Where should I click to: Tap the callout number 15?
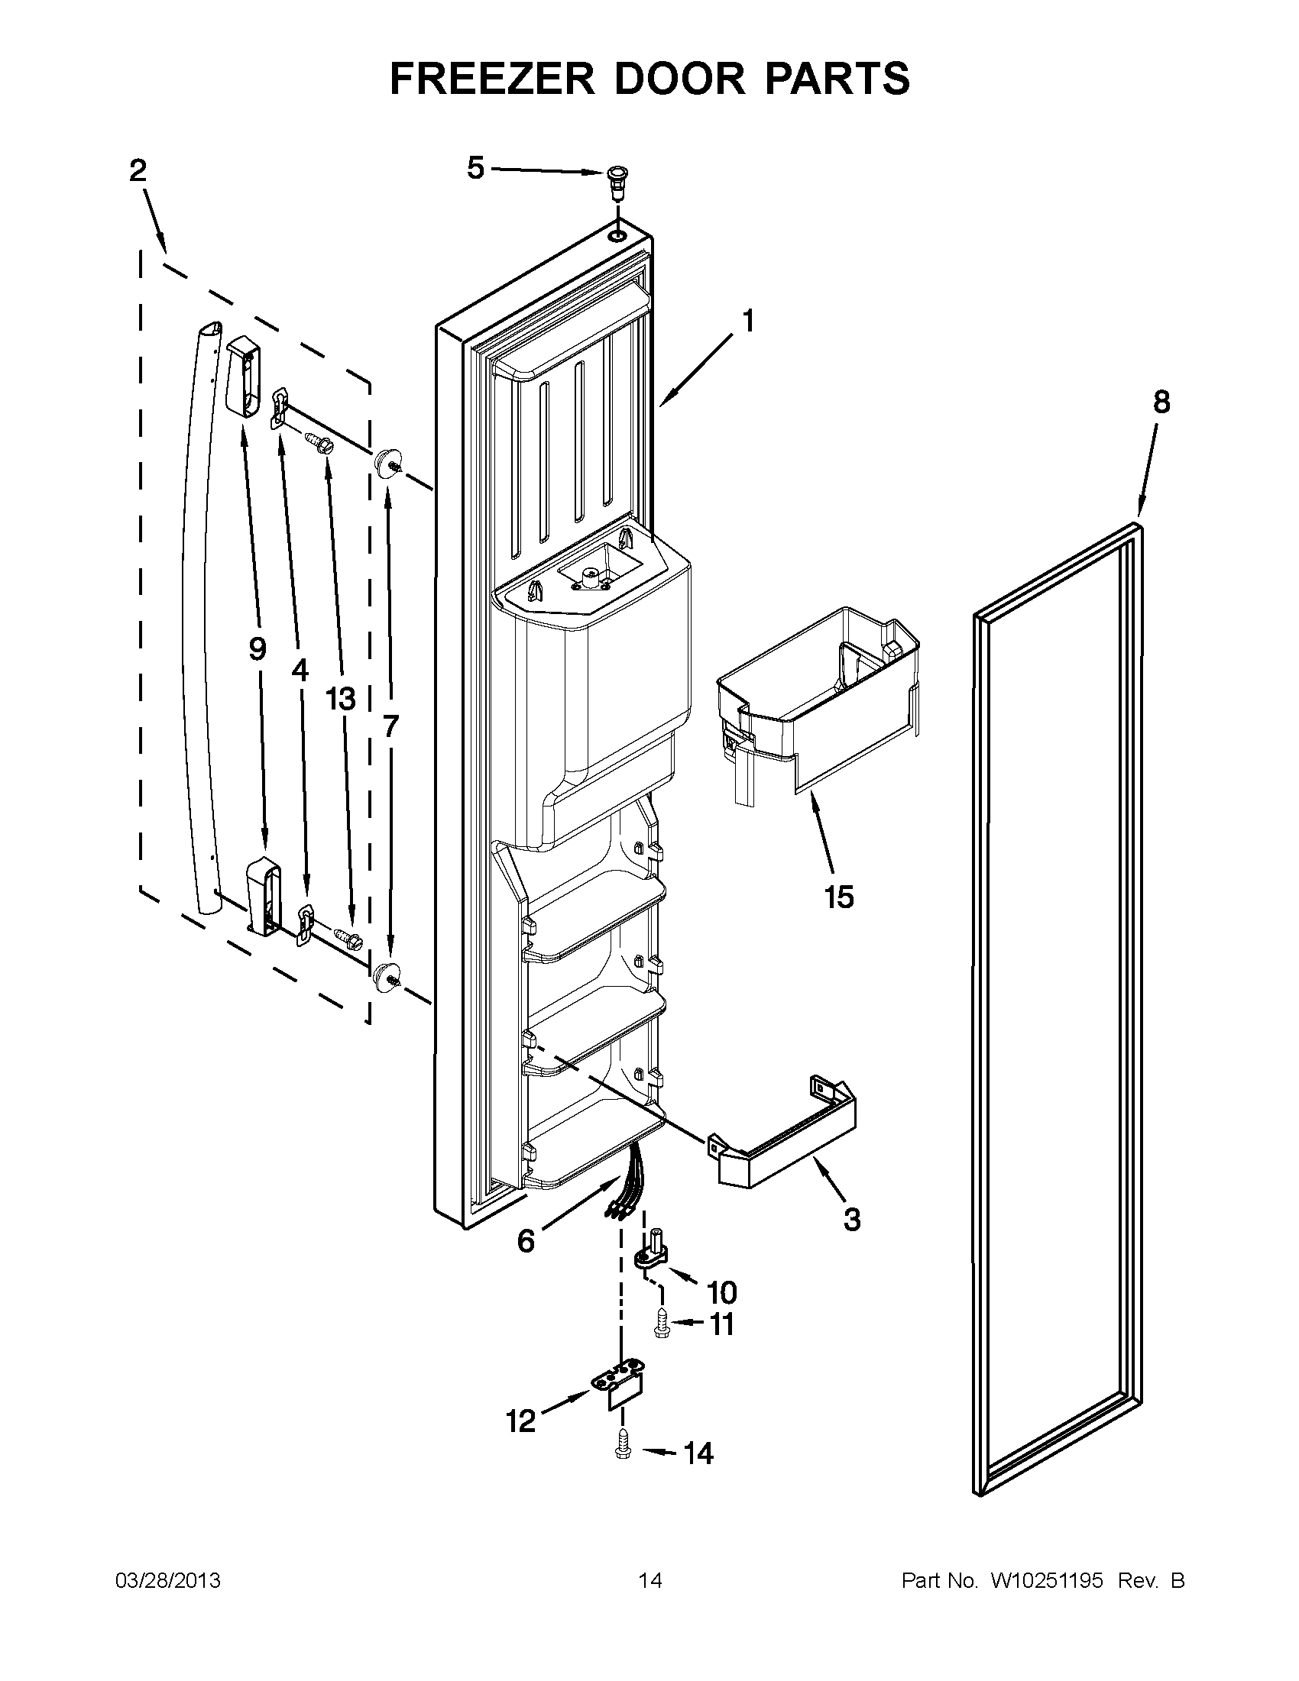point(838,897)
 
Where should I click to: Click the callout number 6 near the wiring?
point(526,1241)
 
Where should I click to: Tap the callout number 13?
point(340,699)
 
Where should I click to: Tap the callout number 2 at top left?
point(137,171)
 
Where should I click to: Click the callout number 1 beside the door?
point(747,320)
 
